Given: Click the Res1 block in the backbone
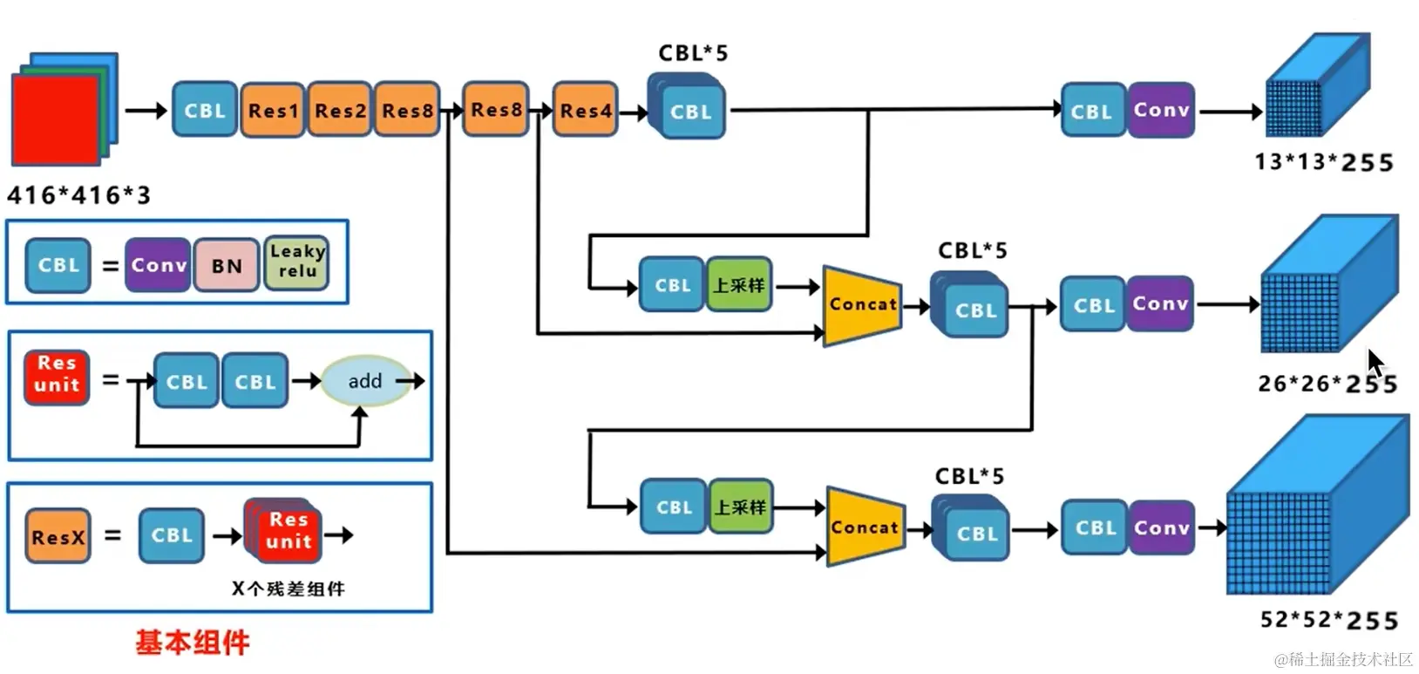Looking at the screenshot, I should tap(273, 111).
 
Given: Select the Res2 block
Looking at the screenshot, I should tap(340, 111).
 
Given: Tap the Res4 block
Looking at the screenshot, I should tap(586, 111).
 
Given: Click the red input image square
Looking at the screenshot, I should tap(55, 120).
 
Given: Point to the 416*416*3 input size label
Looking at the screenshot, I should tap(78, 194).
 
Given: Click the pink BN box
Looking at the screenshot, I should tap(227, 265).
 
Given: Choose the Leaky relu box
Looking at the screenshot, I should tap(297, 262).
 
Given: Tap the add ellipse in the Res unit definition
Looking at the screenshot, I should tap(365, 381).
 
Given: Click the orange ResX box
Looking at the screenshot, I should tap(58, 536).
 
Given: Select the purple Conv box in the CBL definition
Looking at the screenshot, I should tap(159, 265).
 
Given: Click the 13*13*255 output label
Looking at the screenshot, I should tap(1323, 162).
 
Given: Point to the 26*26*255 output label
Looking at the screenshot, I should tap(1327, 384).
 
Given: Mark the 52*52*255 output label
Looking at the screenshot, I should tap(1328, 620).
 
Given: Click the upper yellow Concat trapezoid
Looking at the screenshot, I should tap(862, 305).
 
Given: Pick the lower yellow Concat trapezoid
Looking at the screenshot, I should tap(865, 528).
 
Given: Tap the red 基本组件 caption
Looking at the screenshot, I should tap(192, 643).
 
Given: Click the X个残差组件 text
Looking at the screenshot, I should tap(288, 589).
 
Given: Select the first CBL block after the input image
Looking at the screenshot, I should tap(205, 111).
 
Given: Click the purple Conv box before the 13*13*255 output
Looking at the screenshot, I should tap(1161, 111).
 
